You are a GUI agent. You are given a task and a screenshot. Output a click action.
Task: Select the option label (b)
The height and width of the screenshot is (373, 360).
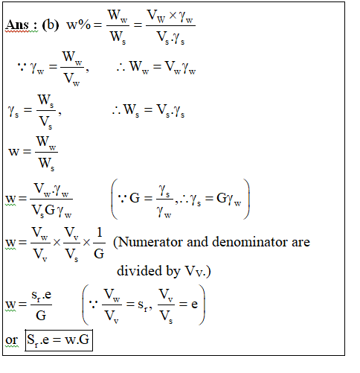pos(51,25)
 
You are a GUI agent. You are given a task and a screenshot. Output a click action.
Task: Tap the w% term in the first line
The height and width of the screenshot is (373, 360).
pos(79,25)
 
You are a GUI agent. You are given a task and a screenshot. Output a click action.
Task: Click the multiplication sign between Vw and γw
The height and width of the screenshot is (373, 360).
pos(173,16)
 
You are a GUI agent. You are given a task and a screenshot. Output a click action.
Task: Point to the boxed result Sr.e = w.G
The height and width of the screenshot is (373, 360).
pos(59,340)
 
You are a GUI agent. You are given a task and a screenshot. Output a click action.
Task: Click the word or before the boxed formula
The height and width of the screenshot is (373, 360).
pos(12,340)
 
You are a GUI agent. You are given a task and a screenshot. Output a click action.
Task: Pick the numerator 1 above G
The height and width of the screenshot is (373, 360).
pos(100,232)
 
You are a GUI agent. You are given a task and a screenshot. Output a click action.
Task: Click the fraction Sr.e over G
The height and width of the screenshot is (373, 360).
pos(41,305)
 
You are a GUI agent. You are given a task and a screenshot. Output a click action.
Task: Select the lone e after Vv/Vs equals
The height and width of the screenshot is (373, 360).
pos(195,305)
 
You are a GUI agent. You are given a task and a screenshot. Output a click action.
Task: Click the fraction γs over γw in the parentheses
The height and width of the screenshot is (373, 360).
pos(164,201)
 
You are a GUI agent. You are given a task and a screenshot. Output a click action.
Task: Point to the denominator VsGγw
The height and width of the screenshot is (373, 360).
pos(51,211)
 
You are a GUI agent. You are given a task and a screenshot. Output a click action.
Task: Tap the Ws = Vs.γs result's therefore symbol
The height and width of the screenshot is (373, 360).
pos(116,110)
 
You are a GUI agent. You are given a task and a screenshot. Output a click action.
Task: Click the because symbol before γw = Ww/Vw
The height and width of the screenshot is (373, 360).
pos(22,66)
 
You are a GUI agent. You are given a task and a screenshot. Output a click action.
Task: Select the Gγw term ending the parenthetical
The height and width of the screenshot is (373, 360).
pos(228,199)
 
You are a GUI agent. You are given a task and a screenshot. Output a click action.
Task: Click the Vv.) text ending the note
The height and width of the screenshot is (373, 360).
pos(198,271)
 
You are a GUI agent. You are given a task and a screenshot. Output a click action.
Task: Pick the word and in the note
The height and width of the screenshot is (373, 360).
pos(198,242)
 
